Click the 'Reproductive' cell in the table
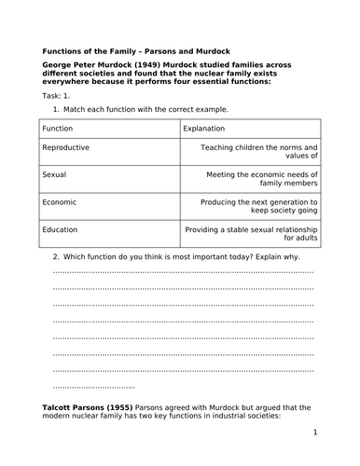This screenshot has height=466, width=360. coord(66,148)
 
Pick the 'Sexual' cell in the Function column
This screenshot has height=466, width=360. coord(55,174)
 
